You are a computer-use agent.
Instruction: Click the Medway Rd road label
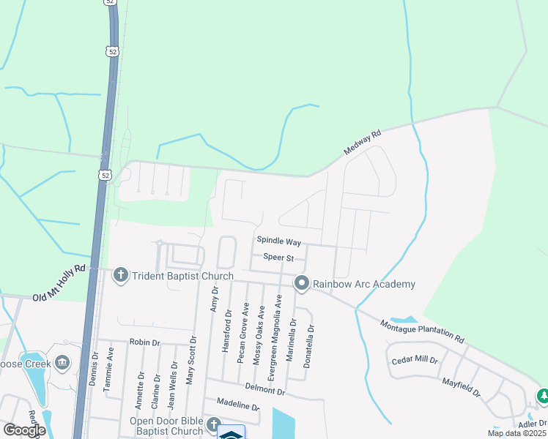pyautogui.click(x=363, y=143)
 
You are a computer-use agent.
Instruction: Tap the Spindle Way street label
pyautogui.click(x=278, y=241)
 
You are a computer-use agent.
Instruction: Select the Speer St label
pyautogui.click(x=278, y=258)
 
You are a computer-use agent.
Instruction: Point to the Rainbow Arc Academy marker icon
pyautogui.click(x=301, y=283)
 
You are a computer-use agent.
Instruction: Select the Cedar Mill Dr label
pyautogui.click(x=415, y=360)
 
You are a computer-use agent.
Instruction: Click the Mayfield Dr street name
pyautogui.click(x=461, y=387)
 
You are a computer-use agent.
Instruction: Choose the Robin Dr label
pyautogui.click(x=144, y=342)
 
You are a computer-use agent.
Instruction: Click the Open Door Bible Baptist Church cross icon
pyautogui.click(x=213, y=424)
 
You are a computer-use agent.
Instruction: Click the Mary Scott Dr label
pyautogui.click(x=192, y=360)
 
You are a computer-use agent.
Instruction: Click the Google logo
pyautogui.click(x=24, y=430)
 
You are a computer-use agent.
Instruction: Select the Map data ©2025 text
pyautogui.click(x=516, y=433)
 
